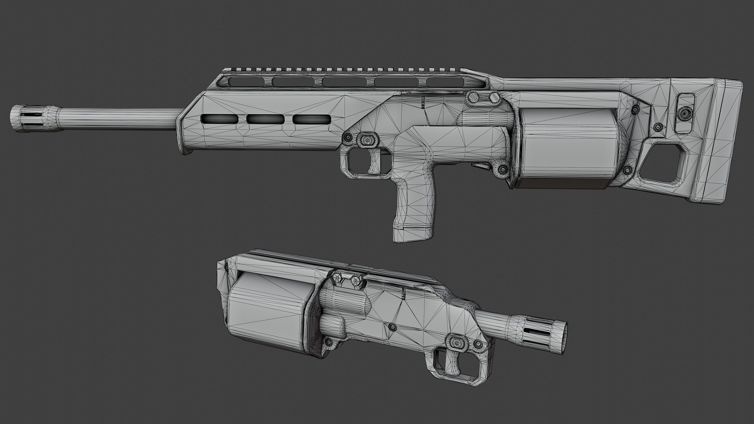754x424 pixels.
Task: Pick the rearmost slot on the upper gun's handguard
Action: (x=311, y=119)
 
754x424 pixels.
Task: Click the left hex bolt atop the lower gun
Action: (x=337, y=280)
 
